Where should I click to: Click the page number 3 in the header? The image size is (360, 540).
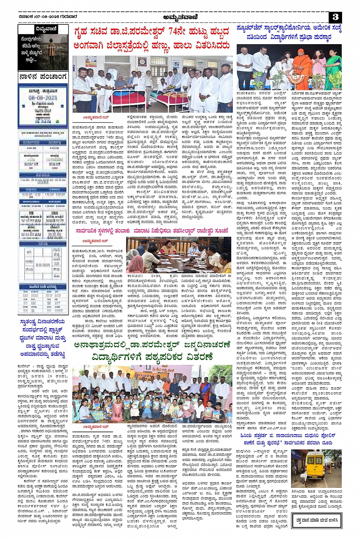pos(336,17)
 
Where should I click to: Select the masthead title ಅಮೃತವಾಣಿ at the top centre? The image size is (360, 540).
pos(179,16)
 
